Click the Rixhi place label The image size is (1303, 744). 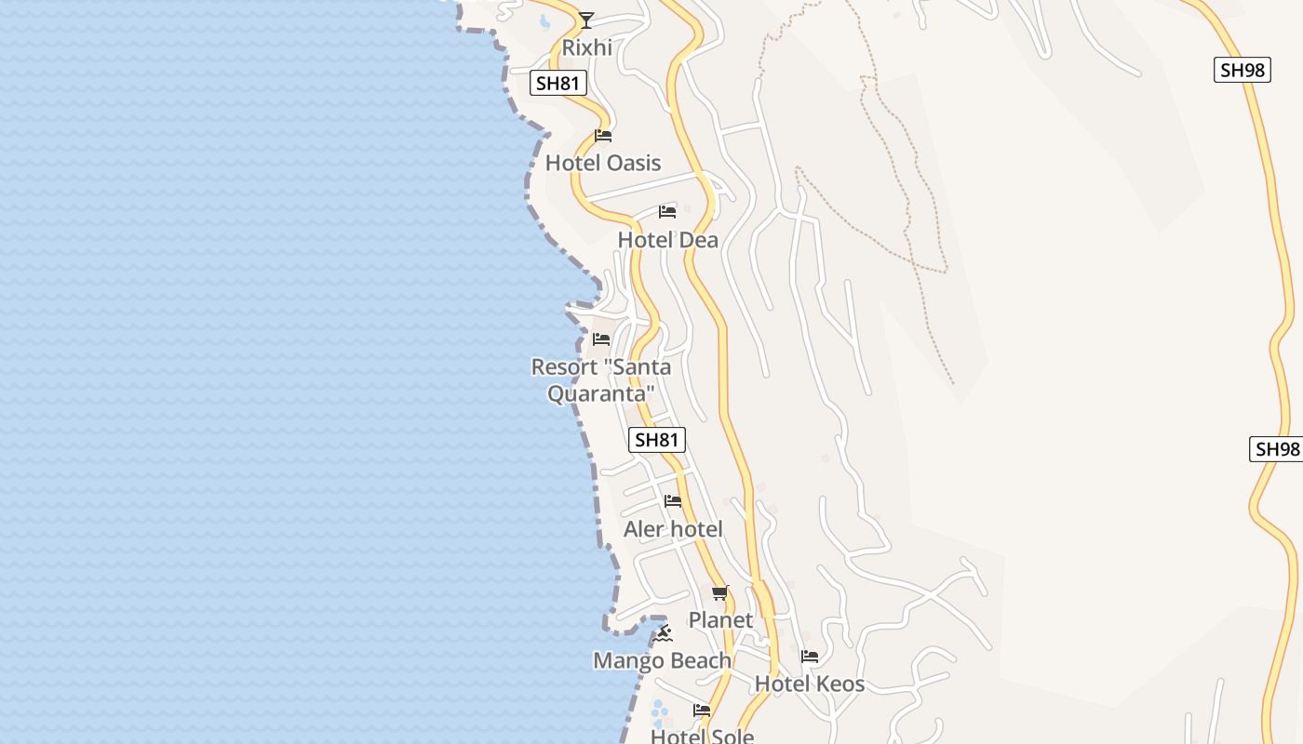click(x=586, y=47)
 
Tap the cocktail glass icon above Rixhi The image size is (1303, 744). click(x=585, y=20)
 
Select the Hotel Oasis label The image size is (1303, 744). click(x=602, y=163)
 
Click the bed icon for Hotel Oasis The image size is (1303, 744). click(x=602, y=136)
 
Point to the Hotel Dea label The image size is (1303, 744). click(x=667, y=240)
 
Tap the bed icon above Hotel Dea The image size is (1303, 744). click(x=666, y=212)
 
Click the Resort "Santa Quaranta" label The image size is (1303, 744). click(x=600, y=379)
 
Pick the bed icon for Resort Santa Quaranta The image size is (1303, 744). click(x=601, y=339)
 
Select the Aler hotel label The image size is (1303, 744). click(x=672, y=529)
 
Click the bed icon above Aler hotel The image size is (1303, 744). click(x=672, y=501)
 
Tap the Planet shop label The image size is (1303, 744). click(x=719, y=619)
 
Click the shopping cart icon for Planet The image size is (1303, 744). click(x=719, y=592)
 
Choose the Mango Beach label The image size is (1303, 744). click(x=662, y=660)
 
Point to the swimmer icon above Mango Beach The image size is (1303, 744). click(x=662, y=633)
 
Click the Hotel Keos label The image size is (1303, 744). click(x=809, y=684)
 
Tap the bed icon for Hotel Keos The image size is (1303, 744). click(x=809, y=657)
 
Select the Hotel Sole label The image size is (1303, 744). click(x=701, y=736)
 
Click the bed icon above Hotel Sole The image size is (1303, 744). click(x=701, y=711)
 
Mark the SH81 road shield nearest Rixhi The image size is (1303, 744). click(x=558, y=83)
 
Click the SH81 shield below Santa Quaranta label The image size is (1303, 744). click(x=657, y=440)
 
